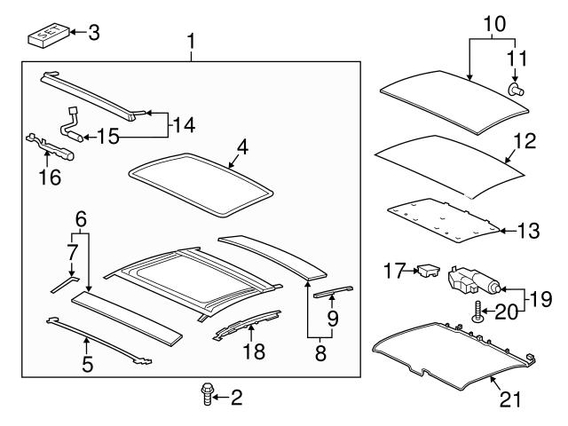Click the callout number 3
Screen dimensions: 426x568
tap(93, 33)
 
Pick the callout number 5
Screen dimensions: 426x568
tap(87, 363)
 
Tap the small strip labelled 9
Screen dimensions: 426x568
tap(333, 292)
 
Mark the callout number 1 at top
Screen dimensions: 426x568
tap(190, 40)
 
